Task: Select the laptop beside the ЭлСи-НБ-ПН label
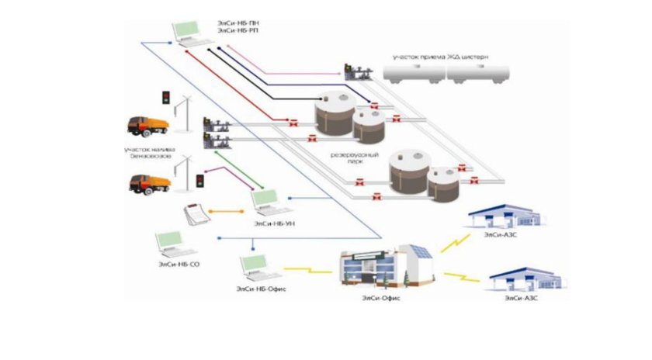coord(187,33)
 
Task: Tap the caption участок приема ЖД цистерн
coord(440,57)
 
